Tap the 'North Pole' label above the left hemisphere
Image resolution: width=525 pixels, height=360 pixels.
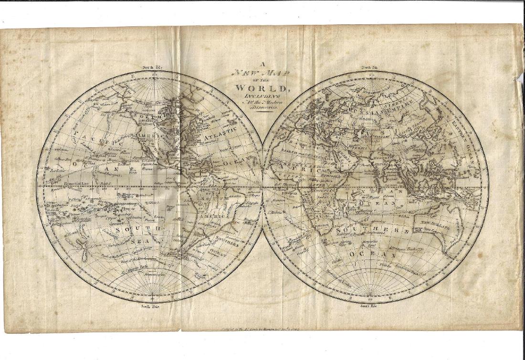click(x=153, y=68)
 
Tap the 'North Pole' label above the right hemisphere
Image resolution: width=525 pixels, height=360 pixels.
click(x=369, y=68)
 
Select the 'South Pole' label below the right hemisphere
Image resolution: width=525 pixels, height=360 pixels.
click(x=369, y=304)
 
